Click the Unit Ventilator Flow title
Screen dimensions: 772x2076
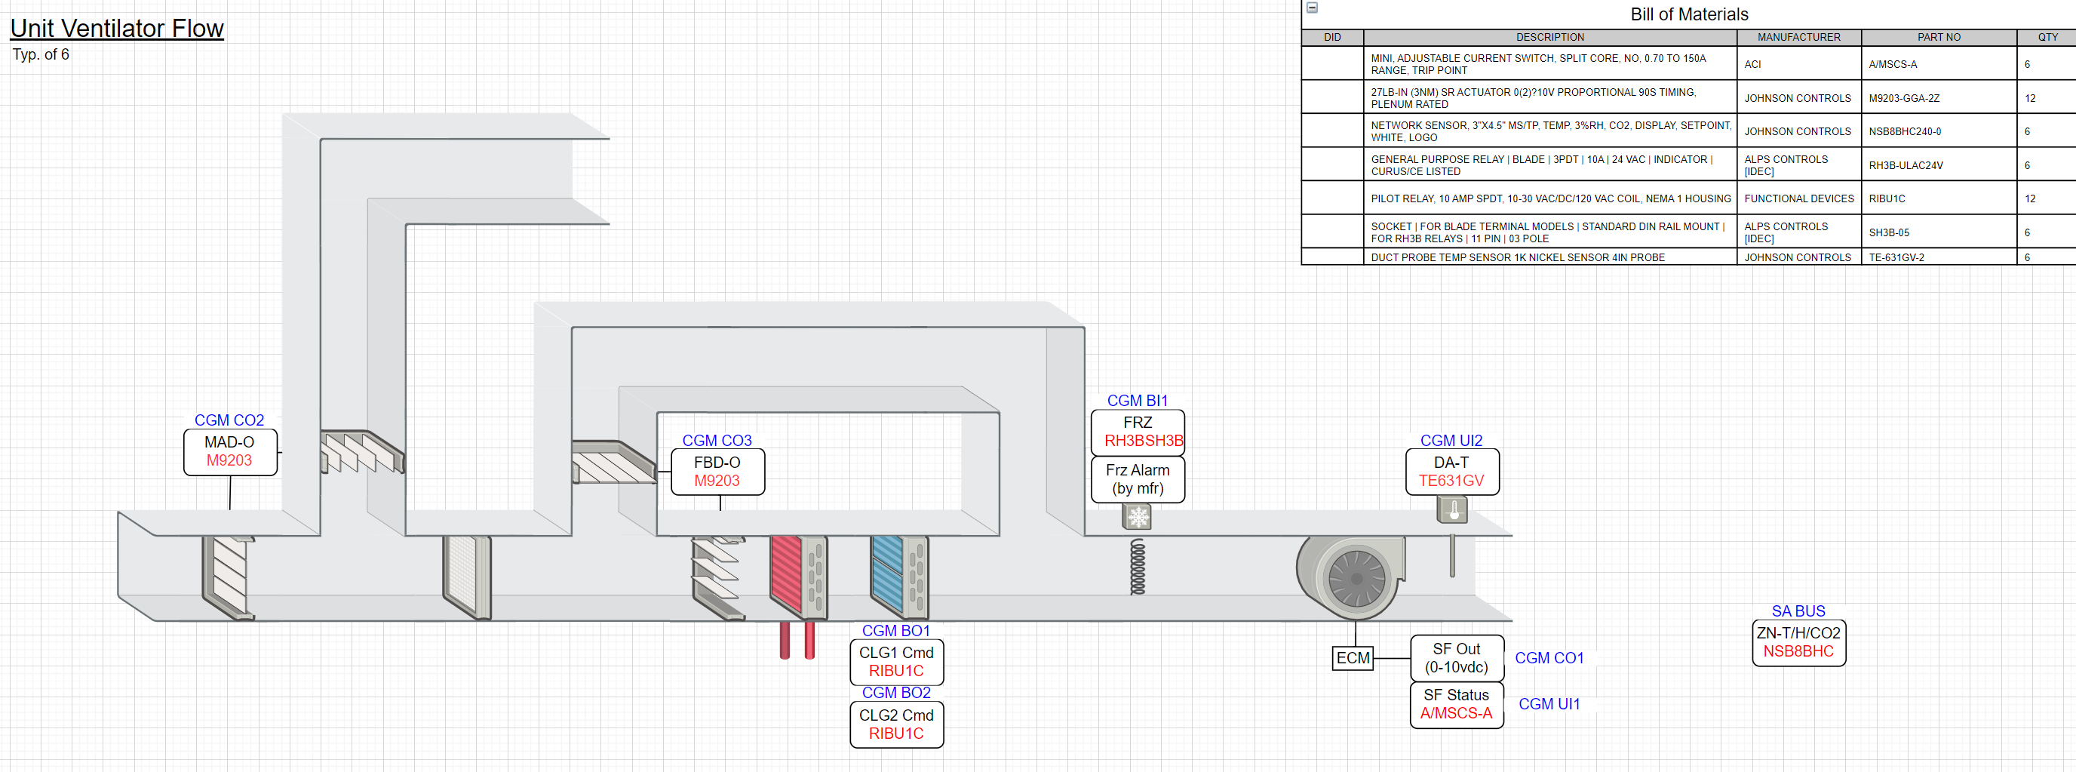click(x=117, y=28)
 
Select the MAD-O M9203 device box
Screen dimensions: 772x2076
click(x=229, y=452)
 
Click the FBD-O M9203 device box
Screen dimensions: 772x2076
click(x=717, y=472)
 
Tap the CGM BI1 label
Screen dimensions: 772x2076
click(x=1137, y=401)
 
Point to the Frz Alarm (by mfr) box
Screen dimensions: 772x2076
click(x=1137, y=479)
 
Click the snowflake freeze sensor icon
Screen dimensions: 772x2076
click(x=1137, y=516)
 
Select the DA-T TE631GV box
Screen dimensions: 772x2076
click(x=1451, y=472)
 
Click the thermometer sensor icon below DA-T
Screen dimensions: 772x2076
click(x=1452, y=510)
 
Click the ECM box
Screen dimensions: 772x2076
click(x=1353, y=658)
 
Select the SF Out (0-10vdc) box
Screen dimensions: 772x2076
click(x=1456, y=658)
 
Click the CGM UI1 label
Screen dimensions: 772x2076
click(x=1549, y=704)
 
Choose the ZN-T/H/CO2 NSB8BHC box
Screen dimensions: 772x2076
click(x=1798, y=643)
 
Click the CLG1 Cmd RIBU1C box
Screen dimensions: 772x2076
click(x=896, y=663)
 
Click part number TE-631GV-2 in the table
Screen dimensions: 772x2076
click(x=1896, y=258)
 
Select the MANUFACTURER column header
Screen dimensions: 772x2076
click(x=1798, y=37)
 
